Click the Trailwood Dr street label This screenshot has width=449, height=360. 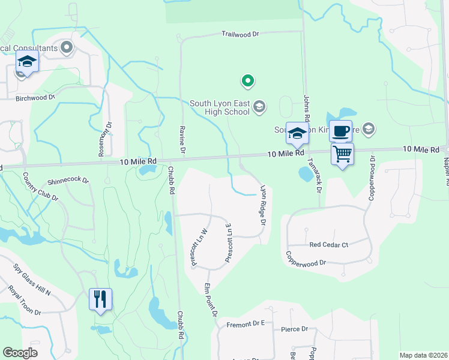[240, 34]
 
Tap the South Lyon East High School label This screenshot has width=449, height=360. [219, 107]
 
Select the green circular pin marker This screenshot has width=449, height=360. [246, 80]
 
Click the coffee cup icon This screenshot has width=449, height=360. [340, 131]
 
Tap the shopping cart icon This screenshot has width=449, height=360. [342, 154]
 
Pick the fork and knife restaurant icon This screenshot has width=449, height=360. [100, 298]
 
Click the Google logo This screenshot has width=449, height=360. [20, 353]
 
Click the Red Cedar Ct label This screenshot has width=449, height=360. [329, 245]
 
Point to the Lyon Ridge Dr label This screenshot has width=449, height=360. [262, 203]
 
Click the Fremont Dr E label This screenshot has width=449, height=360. [246, 324]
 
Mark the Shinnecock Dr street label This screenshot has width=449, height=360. [68, 180]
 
